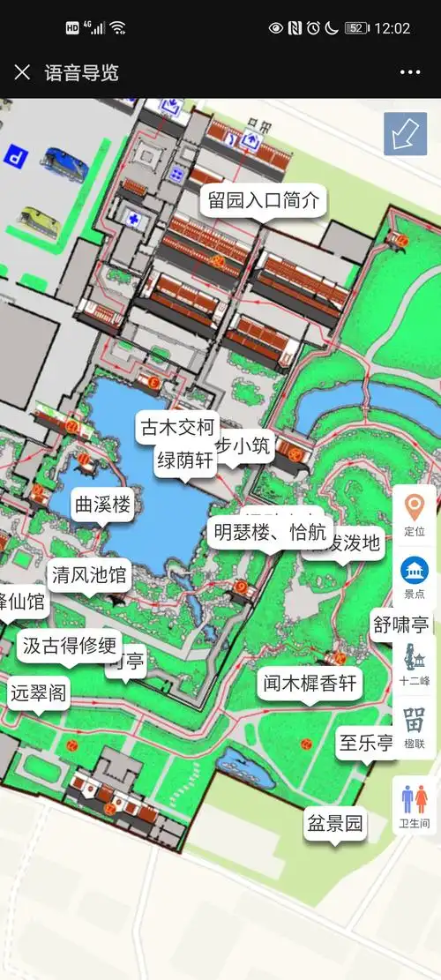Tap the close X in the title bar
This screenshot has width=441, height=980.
pos(22,72)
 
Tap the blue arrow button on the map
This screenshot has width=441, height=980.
pos(405,134)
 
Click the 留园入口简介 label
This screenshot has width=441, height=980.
pos(263,200)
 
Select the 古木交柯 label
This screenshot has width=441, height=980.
pos(177,429)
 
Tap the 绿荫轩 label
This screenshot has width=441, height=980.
pos(184,460)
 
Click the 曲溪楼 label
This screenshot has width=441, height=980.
pos(102,505)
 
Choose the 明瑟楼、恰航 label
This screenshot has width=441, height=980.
pos(270,532)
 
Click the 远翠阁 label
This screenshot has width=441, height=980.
pos(38,692)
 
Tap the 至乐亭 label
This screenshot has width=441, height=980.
pos(367,743)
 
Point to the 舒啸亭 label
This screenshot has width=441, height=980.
pos(400,625)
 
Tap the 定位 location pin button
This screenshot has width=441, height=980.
pos(414,514)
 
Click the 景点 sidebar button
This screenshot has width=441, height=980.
pos(414,577)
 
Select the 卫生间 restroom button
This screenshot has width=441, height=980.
pos(414,805)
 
